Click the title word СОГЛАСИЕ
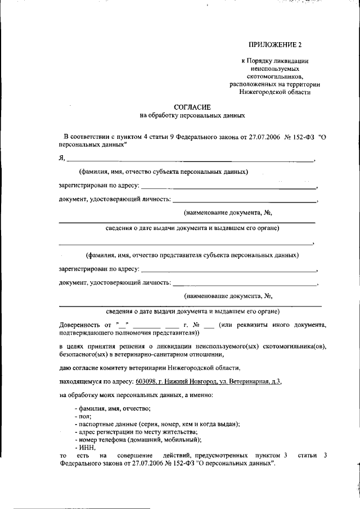[x=192, y=107]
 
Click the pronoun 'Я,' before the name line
[x=62, y=159]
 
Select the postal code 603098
[x=146, y=381]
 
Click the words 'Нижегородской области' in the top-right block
[x=274, y=92]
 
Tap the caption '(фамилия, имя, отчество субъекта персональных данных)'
[x=163, y=172]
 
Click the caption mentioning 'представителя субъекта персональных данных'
[x=188, y=255]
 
